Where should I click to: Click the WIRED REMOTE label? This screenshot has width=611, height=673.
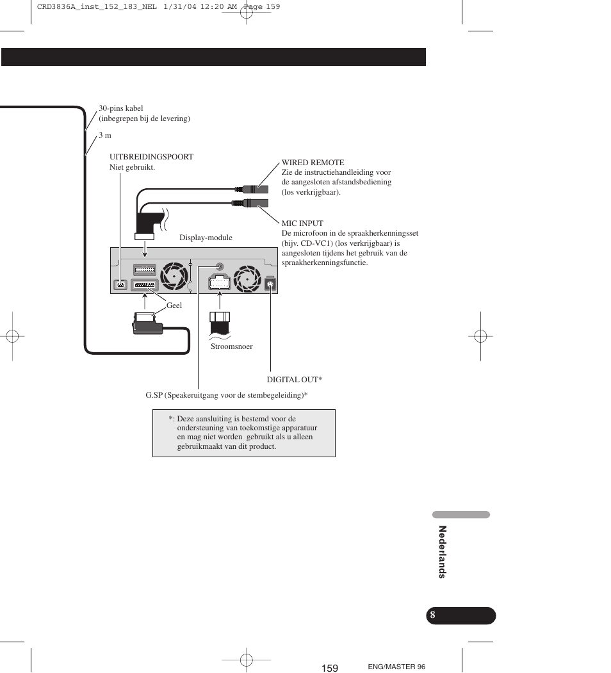pos(313,162)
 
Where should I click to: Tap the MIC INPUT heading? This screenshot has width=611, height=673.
pos(302,223)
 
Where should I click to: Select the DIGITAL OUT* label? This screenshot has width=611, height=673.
pos(294,380)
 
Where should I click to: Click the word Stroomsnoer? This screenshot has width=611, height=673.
pos(231,346)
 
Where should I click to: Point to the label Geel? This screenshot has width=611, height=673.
pos(174,305)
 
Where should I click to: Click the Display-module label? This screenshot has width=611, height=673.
pos(206,238)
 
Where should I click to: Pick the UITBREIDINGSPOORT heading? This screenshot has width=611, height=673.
pos(151,157)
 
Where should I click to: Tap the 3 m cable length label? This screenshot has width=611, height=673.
pos(105,135)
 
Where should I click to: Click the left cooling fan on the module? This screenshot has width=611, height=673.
pos(174,276)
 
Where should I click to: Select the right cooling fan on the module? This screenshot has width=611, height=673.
pos(247,279)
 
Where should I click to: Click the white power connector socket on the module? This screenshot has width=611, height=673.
pos(220,282)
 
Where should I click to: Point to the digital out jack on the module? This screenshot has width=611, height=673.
pos(270,283)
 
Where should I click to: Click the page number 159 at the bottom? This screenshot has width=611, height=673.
pos(330,668)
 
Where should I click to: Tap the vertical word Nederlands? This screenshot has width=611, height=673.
pos(443,552)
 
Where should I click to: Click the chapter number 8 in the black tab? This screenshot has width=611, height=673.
pos(432,615)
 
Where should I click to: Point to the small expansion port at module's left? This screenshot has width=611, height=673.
pos(120,284)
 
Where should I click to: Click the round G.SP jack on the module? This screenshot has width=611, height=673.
pos(220,266)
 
